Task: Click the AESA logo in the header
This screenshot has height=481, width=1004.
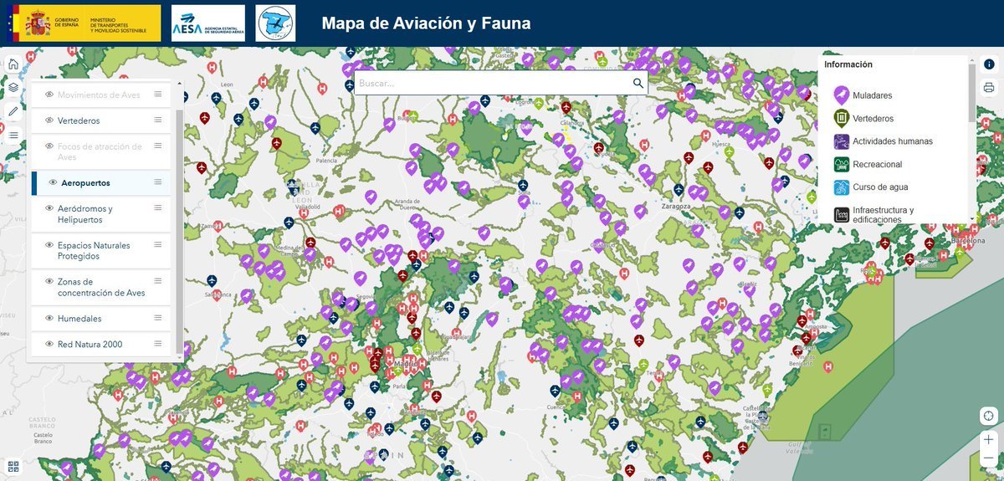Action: (x=207, y=23)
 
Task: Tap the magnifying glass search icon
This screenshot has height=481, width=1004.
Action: (x=638, y=83)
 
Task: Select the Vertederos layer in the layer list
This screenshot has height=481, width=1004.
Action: (x=79, y=120)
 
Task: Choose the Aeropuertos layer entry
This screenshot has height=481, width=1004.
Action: (x=85, y=182)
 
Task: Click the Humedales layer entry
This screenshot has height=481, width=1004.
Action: (x=79, y=319)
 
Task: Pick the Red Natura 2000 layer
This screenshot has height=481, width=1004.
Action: (x=90, y=344)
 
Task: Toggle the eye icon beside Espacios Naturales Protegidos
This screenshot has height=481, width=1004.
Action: (x=49, y=245)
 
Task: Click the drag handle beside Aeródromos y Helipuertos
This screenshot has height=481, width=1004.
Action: (x=158, y=208)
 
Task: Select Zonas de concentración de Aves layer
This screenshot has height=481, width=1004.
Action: (x=100, y=287)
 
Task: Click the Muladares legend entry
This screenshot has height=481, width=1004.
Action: (x=872, y=95)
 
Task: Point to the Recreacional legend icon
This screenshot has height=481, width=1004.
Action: (x=842, y=165)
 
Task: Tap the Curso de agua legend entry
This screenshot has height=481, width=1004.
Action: (x=879, y=187)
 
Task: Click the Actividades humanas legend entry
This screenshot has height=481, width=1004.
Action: (x=892, y=141)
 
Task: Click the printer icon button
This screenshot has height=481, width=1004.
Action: (x=989, y=88)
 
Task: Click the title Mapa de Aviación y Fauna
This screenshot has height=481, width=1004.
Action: (x=426, y=23)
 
